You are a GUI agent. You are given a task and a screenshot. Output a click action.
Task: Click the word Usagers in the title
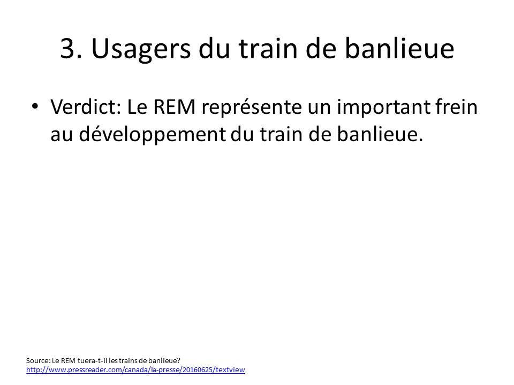tap(141, 50)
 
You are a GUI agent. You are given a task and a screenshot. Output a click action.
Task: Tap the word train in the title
tap(268, 49)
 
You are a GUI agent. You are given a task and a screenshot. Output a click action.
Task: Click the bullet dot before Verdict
tap(35, 106)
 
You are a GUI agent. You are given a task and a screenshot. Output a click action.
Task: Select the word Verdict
tap(86, 107)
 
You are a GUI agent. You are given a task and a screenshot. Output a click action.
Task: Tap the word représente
tap(252, 108)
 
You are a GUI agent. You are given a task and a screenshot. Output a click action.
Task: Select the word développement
tap(152, 135)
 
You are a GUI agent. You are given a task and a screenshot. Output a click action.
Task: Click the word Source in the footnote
tap(38, 360)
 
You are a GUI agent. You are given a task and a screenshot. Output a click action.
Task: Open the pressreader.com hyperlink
tap(135, 370)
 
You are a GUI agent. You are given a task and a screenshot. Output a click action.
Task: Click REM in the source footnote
tap(68, 360)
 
